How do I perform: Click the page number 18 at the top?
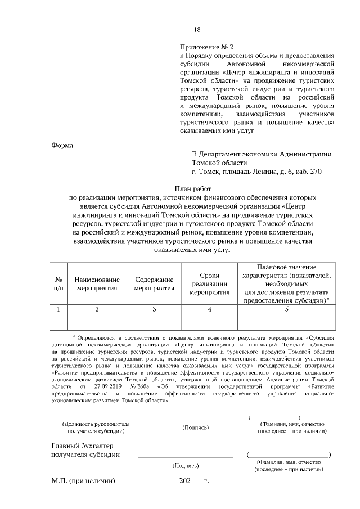197,30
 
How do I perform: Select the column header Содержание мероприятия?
154,283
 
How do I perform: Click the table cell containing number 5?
287,309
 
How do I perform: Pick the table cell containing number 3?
154,309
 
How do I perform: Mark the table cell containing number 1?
58,309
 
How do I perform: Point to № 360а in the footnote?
141,387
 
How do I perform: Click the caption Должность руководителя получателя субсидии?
96,427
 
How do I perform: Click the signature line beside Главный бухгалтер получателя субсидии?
185,457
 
